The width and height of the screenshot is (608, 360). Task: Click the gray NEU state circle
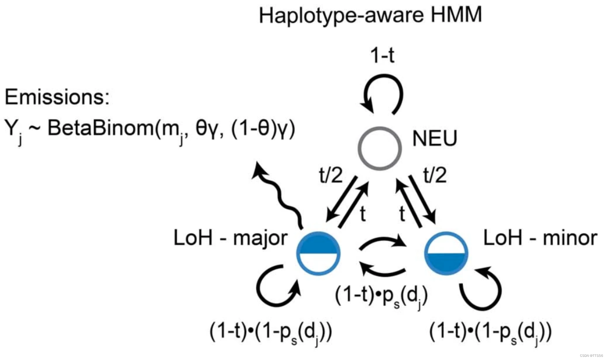click(x=379, y=148)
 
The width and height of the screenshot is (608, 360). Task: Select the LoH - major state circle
click(x=318, y=253)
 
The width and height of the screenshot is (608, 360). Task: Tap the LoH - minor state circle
click(x=446, y=253)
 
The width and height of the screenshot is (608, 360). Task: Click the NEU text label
click(x=434, y=138)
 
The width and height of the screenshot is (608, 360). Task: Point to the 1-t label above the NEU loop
click(x=382, y=55)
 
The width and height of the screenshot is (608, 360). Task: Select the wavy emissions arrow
click(x=280, y=194)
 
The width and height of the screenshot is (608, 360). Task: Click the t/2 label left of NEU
click(x=331, y=175)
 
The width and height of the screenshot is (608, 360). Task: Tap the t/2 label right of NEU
click(x=435, y=175)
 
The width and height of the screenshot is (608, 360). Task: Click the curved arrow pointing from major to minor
click(x=383, y=242)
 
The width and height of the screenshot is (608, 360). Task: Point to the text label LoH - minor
click(x=540, y=238)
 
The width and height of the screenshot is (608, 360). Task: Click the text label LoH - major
click(x=230, y=238)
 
